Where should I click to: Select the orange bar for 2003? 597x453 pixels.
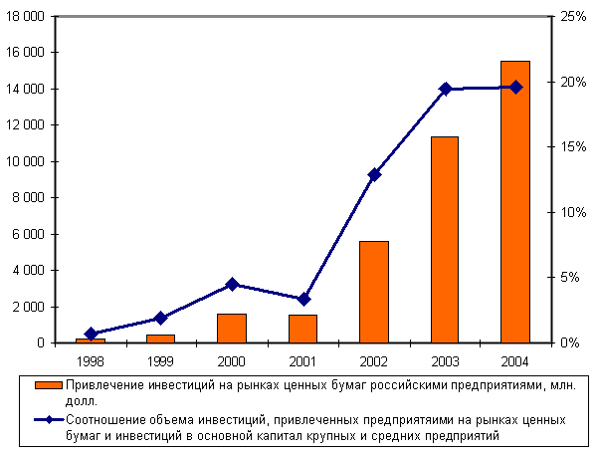click(445, 239)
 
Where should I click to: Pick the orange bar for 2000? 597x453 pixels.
click(232, 329)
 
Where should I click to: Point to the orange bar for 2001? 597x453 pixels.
click(303, 329)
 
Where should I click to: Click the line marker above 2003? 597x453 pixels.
click(445, 89)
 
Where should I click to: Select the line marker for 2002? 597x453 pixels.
click(374, 174)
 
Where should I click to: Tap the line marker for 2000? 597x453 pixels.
click(232, 284)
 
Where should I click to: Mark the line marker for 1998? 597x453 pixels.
click(91, 334)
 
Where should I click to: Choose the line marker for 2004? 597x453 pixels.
click(515, 87)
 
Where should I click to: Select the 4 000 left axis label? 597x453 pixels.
click(36, 270)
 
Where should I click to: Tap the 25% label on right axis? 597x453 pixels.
click(574, 17)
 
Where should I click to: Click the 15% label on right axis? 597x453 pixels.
click(574, 146)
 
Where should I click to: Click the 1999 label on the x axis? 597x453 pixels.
click(161, 359)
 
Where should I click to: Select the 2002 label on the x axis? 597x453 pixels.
click(374, 359)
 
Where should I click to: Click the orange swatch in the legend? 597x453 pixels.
click(48, 385)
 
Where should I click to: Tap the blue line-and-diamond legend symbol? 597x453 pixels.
click(48, 420)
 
